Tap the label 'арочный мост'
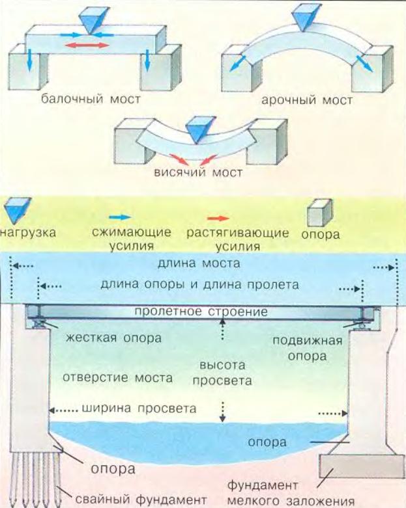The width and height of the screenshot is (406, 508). coord(306,101)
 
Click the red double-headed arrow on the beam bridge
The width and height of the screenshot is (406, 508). coord(87,44)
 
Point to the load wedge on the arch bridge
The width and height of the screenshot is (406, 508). coord(306,18)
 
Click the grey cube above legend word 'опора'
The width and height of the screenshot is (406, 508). coord(319,213)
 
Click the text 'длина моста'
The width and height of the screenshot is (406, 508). coord(199,264)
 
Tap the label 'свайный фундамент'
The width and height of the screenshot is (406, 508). coord(142,499)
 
